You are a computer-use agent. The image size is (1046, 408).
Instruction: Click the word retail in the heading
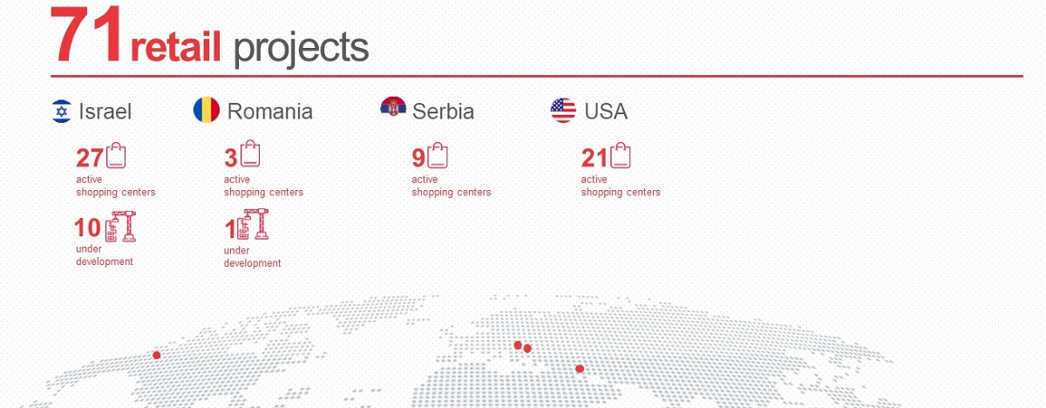tap(175, 47)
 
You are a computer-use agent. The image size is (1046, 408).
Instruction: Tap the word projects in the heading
tap(302, 49)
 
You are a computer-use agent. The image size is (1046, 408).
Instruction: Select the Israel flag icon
tap(62, 111)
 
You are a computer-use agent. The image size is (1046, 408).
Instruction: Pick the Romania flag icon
tap(207, 110)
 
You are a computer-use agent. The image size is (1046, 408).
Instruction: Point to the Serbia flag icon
tap(393, 106)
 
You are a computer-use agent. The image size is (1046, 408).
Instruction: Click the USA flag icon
tap(563, 111)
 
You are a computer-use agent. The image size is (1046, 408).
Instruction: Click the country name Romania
tap(270, 112)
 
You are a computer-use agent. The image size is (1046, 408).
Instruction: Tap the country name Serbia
tap(443, 112)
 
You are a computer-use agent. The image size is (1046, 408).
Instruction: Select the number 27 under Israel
tap(90, 158)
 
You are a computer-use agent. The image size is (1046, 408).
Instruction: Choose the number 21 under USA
tap(594, 158)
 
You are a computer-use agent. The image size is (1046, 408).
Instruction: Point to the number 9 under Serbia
tap(418, 158)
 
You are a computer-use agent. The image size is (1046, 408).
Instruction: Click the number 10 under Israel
tap(88, 228)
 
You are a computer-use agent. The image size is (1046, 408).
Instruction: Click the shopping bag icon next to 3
tap(250, 153)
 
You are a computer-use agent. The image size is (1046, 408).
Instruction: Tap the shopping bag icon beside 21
tap(621, 155)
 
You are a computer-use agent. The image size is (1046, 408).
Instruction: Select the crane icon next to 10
tap(121, 227)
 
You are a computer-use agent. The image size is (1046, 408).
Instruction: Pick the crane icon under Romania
tap(254, 225)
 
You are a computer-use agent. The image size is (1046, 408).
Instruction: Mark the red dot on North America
tap(156, 355)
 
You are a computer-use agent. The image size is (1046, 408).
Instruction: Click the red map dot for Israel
tap(580, 369)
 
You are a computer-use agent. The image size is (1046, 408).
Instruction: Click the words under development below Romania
tap(252, 257)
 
